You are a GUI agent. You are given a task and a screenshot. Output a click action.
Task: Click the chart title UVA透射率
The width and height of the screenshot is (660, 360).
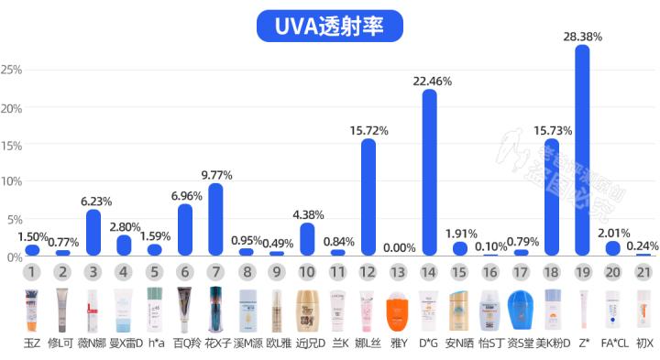330,26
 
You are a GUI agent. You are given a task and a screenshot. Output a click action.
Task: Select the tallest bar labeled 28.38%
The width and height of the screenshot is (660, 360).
582,151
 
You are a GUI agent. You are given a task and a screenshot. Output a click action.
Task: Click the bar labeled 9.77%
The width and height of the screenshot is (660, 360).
215,220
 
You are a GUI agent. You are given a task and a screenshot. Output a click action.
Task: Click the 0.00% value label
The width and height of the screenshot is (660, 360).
399,247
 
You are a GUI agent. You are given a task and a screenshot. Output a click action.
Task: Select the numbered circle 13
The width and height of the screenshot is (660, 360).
399,272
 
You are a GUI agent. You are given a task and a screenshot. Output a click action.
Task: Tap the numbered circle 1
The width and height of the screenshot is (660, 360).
32,272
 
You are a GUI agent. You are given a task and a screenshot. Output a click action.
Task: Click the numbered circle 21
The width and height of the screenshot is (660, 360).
643,272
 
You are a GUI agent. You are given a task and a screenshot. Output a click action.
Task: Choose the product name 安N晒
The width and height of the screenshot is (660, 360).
459,344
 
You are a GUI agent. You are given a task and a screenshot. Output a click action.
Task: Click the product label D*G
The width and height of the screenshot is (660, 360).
429,344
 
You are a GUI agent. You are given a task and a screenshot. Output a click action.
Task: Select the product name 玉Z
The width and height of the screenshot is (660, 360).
32,344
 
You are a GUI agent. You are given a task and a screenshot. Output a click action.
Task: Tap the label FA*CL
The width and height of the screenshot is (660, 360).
613,344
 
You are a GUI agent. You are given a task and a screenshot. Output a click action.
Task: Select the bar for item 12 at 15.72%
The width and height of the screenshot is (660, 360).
368,197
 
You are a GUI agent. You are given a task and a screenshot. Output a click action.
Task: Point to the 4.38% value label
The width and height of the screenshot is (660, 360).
307,215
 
